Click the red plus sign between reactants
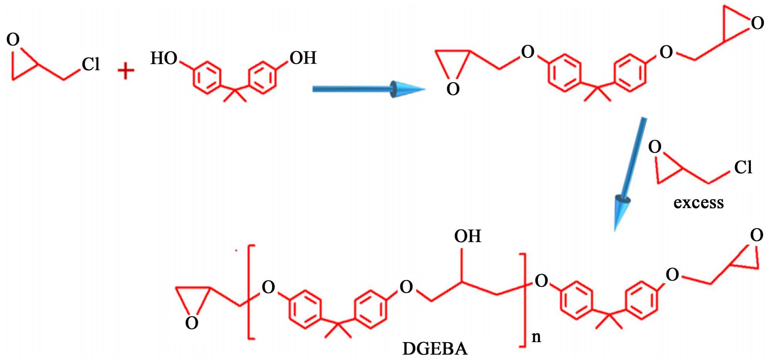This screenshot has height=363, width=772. [126, 71]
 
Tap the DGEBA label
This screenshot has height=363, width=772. [435, 349]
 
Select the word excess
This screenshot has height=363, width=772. [698, 203]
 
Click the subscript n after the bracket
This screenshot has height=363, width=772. [536, 337]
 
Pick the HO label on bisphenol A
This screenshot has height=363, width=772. [164, 58]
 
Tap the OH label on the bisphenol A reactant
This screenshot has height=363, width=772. [303, 58]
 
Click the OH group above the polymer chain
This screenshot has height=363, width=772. [467, 236]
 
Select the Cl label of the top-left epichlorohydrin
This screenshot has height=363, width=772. [91, 64]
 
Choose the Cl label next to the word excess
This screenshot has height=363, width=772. [743, 168]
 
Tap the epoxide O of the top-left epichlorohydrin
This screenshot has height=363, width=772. [13, 39]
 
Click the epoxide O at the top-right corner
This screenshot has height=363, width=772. [757, 23]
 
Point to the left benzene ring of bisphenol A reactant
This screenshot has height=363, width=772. [207, 77]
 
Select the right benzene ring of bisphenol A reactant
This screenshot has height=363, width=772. [262, 77]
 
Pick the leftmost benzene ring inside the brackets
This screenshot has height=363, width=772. [305, 309]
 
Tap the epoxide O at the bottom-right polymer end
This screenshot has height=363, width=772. [756, 235]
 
